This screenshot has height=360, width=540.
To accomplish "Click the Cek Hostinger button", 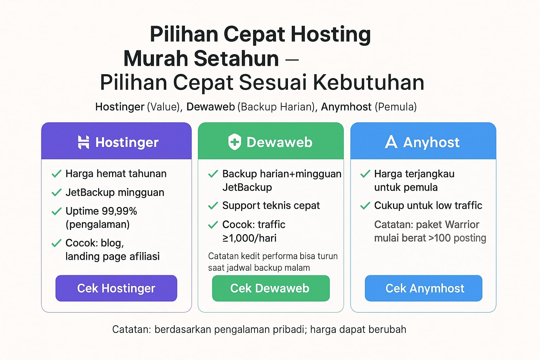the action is [116, 288].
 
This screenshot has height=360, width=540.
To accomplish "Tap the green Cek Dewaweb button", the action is [271, 288].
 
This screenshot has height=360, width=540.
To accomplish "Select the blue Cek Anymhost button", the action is [424, 288].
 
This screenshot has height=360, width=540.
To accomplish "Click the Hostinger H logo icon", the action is [83, 142].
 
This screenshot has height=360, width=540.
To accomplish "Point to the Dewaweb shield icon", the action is [234, 142].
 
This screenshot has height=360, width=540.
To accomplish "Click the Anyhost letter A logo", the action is [391, 142].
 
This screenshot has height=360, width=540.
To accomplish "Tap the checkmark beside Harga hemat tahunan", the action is [56, 174].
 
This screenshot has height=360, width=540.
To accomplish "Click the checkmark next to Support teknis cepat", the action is [213, 205].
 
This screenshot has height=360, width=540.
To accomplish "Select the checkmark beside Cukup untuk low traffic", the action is [365, 205].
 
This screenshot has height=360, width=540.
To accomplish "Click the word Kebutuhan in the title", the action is [368, 83].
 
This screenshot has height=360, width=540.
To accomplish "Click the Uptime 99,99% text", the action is [101, 211].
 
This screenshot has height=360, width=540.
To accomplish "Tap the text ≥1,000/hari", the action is [249, 238].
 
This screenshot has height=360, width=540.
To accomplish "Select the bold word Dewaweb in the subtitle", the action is [211, 107].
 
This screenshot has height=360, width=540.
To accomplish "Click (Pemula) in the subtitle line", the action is [396, 107].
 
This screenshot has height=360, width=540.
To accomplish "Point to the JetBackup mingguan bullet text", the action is [115, 192].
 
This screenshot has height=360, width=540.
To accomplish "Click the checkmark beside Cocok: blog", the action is [56, 243].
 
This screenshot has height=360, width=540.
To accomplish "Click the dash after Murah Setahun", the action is [292, 59].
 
